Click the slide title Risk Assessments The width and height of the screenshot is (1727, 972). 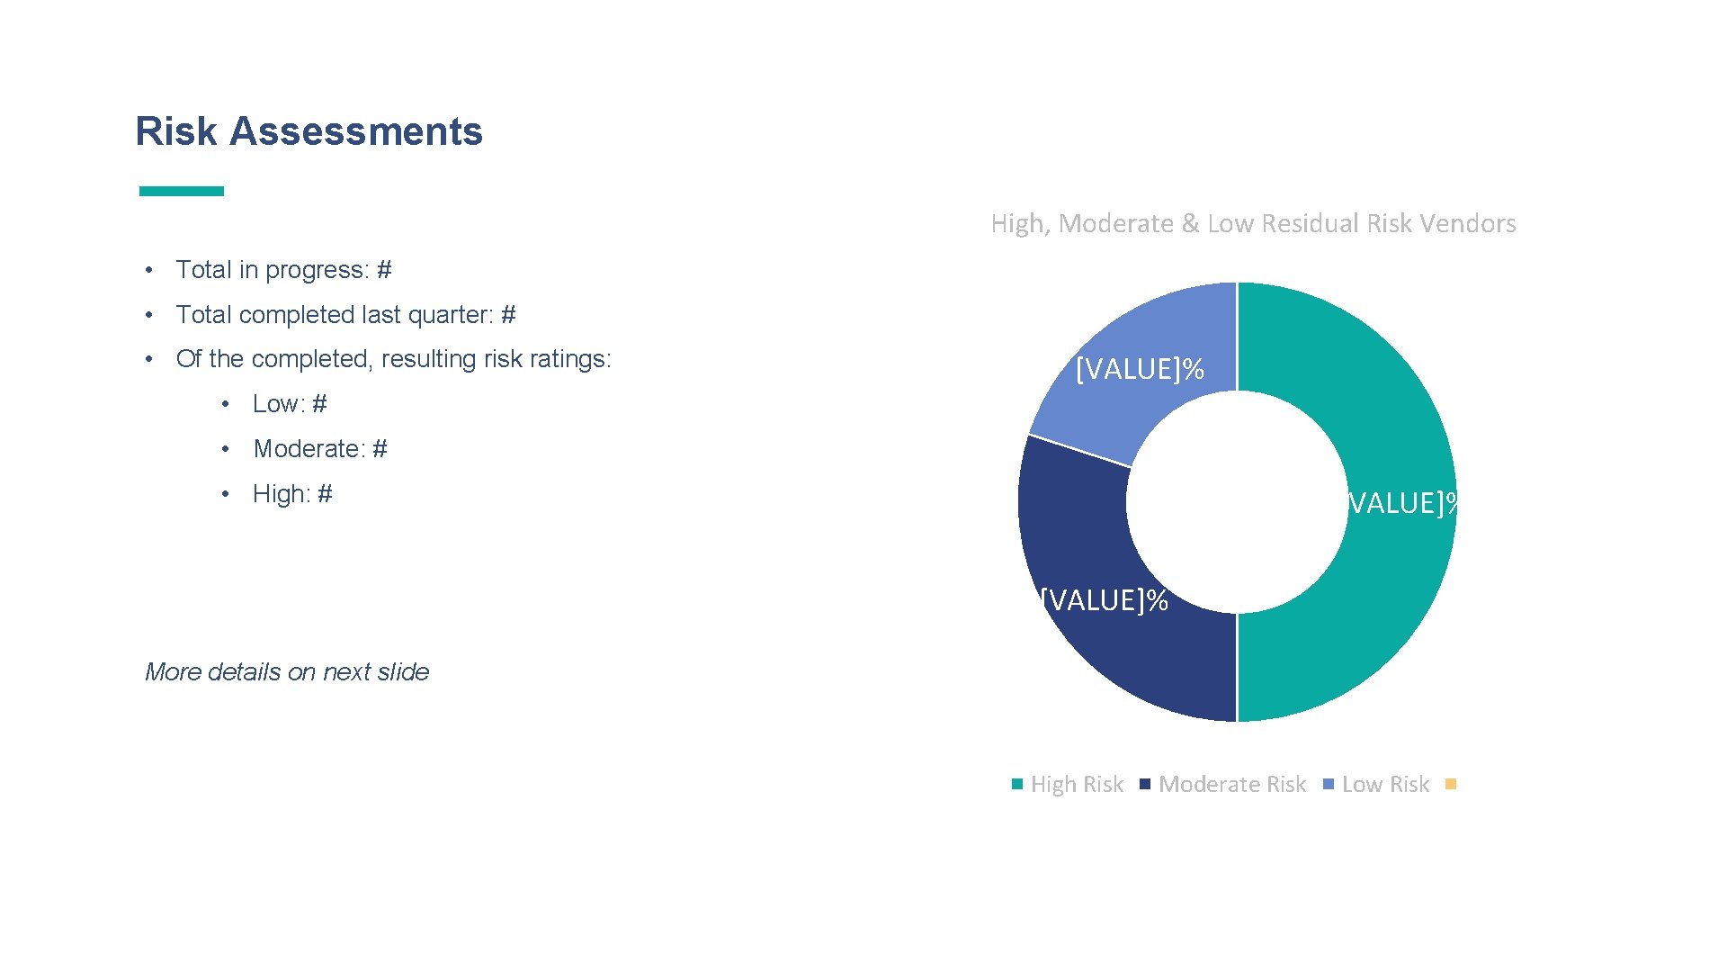pos(309,131)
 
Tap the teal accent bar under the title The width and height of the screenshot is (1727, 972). pos(181,191)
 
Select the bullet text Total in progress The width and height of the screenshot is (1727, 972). pos(283,270)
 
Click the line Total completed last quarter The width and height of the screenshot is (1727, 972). pos(345,315)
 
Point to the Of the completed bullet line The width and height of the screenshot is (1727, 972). pos(393,359)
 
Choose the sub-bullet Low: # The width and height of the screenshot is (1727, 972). pos(290,404)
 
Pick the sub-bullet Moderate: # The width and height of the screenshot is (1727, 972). pos(320,449)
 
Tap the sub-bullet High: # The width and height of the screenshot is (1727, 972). pos(292,494)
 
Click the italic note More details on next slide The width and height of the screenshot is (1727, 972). pos(287,672)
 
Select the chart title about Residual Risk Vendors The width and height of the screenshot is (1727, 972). pos(1253,223)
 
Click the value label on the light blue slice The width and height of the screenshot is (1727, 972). pos(1140,370)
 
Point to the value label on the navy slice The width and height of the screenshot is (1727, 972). pos(1104,600)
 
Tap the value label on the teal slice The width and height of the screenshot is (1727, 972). pos(1401,503)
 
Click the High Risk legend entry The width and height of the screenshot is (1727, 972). pos(1076,785)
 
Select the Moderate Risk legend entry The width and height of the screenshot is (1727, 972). pos(1231,785)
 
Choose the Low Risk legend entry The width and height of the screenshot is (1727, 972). pos(1384,785)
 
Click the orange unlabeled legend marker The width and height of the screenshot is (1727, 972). pos(1450,784)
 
